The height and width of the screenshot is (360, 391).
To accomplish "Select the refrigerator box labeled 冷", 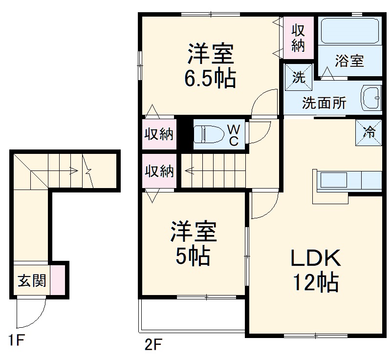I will tap(369, 132).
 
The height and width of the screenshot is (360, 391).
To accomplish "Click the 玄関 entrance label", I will tap(32, 281).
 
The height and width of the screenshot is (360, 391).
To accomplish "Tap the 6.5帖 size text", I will tap(210, 78).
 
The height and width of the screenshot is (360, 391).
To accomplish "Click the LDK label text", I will tap(315, 258).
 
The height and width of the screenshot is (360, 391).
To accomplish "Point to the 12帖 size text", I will tap(316, 282).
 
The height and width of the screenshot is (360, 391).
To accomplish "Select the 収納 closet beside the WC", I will tap(159, 134).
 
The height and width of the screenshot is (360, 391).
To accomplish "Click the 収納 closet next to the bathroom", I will tap(298, 38).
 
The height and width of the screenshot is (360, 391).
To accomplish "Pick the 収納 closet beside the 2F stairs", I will tap(159, 171).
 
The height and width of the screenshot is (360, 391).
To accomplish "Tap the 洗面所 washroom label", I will tap(324, 103).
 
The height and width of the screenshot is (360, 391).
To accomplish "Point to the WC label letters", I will tap(234, 135).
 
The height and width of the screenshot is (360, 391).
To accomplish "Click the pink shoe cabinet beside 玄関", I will tap(57, 281).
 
